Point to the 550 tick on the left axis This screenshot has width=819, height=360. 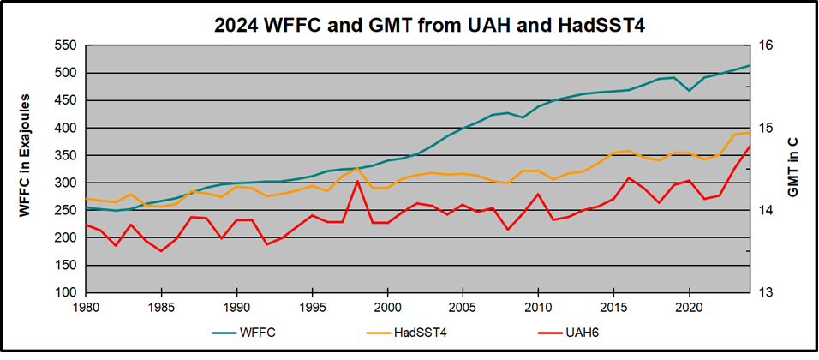tap(66, 45)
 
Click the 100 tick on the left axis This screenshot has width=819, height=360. tap(66, 292)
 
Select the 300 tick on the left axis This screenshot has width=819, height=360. tap(66, 183)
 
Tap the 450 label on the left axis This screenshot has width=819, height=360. tap(66, 100)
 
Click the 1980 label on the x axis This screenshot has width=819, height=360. tap(86, 306)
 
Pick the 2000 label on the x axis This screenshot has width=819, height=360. tap(387, 306)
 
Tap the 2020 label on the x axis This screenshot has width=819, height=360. tap(689, 306)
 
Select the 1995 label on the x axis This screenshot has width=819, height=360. tap(312, 306)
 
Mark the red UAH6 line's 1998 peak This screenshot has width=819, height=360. tap(357, 181)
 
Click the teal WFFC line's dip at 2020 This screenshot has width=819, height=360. tap(689, 90)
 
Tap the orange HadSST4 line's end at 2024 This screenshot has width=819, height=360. tap(750, 132)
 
